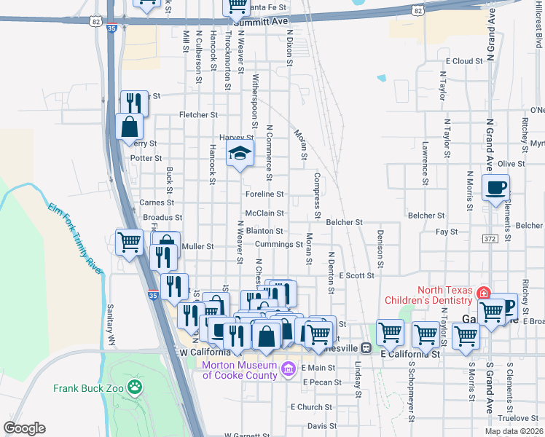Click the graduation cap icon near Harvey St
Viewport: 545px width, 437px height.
point(239,154)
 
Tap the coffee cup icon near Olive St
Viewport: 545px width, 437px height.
point(495,188)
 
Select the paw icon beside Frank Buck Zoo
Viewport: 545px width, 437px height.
point(135,387)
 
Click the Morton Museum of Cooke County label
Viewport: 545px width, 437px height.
point(240,370)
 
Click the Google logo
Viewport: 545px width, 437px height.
point(24,428)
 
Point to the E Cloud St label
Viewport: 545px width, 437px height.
point(464,61)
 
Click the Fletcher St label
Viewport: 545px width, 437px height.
point(198,115)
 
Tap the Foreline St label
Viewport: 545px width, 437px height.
point(264,194)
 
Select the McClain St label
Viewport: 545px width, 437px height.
point(264,213)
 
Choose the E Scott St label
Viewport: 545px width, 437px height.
point(356,275)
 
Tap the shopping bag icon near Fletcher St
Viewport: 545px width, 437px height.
point(129,127)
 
